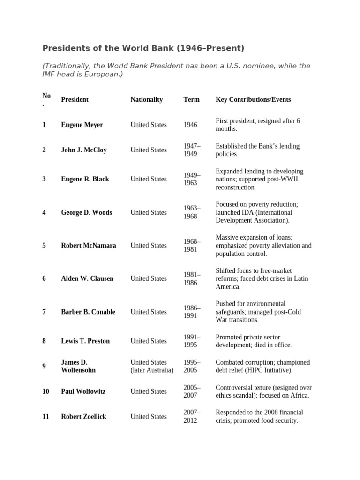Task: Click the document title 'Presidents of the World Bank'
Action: pyautogui.click(x=143, y=48)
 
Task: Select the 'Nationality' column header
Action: pyautogui.click(x=147, y=99)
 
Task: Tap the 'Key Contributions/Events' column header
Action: pyautogui.click(x=253, y=99)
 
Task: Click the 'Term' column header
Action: pyautogui.click(x=191, y=99)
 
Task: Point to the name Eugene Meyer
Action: pyautogui.click(x=82, y=125)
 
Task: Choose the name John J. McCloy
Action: pyautogui.click(x=84, y=150)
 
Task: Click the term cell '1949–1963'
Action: pyautogui.click(x=192, y=179)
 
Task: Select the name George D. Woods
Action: pyautogui.click(x=87, y=212)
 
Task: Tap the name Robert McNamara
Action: pyautogui.click(x=89, y=246)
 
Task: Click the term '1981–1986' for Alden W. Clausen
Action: pyautogui.click(x=192, y=278)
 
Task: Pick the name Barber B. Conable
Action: pyautogui.click(x=88, y=312)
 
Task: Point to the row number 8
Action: pyautogui.click(x=44, y=341)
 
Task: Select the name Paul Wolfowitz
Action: pyautogui.click(x=84, y=391)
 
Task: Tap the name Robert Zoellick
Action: pyautogui.click(x=84, y=416)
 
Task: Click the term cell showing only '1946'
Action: pyautogui.click(x=191, y=125)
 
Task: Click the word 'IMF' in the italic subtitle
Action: pyautogui.click(x=50, y=75)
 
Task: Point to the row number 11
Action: pyautogui.click(x=45, y=416)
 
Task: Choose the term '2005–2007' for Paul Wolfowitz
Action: pyautogui.click(x=192, y=391)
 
